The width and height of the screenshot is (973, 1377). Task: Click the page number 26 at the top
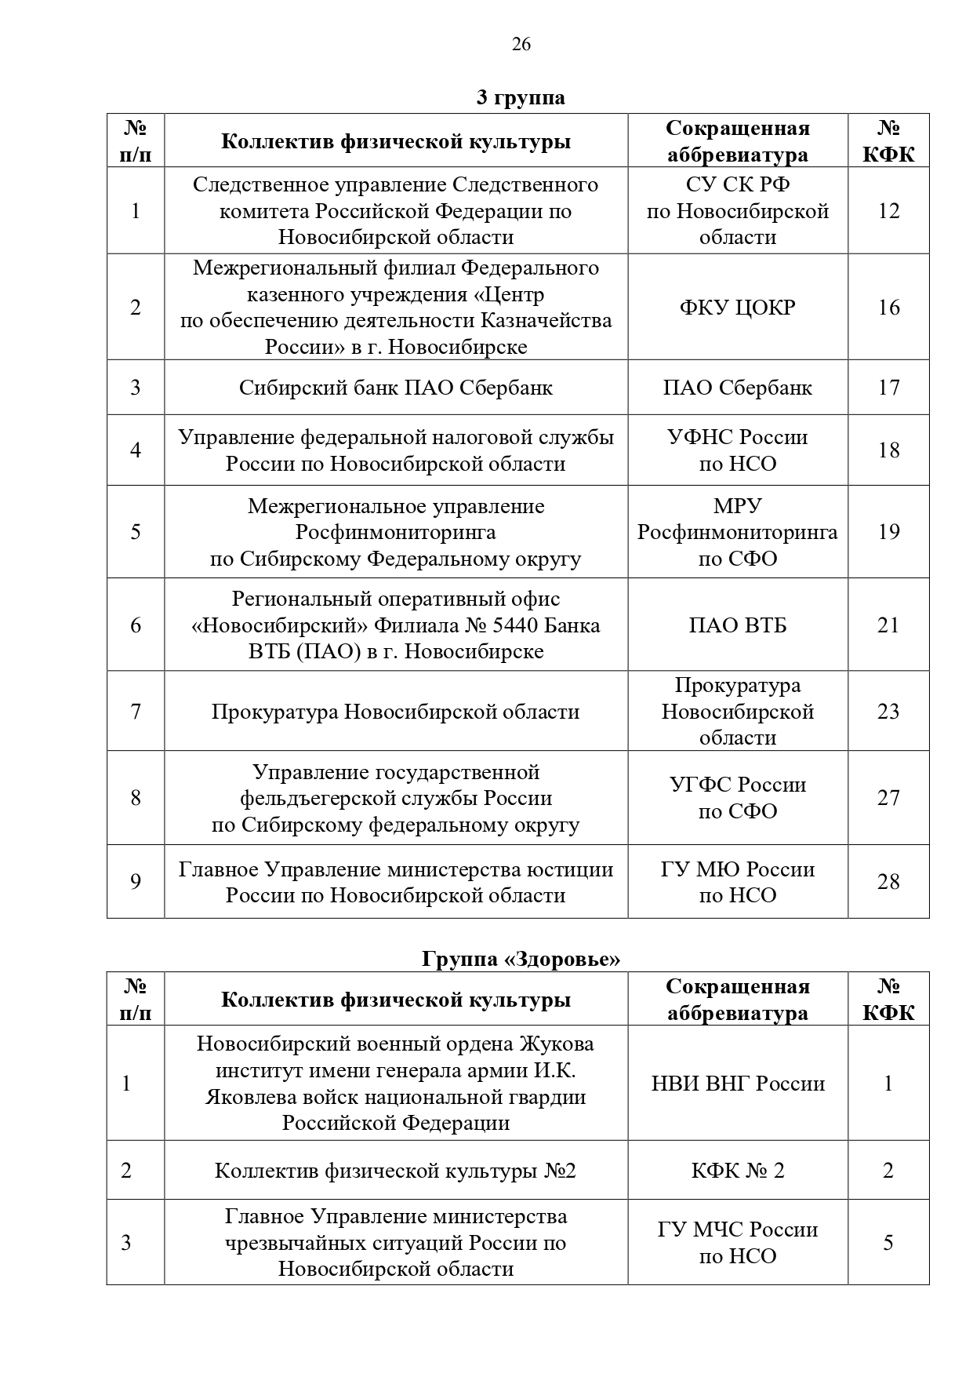(521, 44)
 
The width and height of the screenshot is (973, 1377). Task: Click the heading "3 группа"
(521, 98)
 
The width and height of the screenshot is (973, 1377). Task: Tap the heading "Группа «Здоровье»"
(521, 958)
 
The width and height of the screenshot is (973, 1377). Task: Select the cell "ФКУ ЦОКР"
(737, 307)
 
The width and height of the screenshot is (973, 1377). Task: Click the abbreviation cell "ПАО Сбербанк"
(737, 388)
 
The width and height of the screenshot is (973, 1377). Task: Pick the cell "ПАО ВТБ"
(737, 625)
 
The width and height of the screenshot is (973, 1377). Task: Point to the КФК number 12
(888, 211)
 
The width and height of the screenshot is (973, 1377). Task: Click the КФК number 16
(888, 307)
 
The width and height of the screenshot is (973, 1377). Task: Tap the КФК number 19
(888, 532)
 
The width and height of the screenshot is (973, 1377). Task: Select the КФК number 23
(888, 712)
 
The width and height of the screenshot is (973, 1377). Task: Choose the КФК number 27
(888, 798)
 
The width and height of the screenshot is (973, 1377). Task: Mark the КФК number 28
(888, 882)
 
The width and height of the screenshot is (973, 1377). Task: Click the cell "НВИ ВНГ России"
(737, 1084)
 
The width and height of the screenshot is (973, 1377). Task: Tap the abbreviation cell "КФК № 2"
(737, 1171)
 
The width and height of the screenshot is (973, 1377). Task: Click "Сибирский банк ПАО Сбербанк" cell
(395, 388)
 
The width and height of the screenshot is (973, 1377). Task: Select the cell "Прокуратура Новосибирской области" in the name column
(395, 712)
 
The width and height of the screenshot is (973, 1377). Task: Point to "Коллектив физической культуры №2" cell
(395, 1171)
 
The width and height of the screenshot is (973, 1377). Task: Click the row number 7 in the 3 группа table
(136, 712)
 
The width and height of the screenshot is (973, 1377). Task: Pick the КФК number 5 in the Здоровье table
(888, 1242)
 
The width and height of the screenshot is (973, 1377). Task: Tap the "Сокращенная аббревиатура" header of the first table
(737, 141)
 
